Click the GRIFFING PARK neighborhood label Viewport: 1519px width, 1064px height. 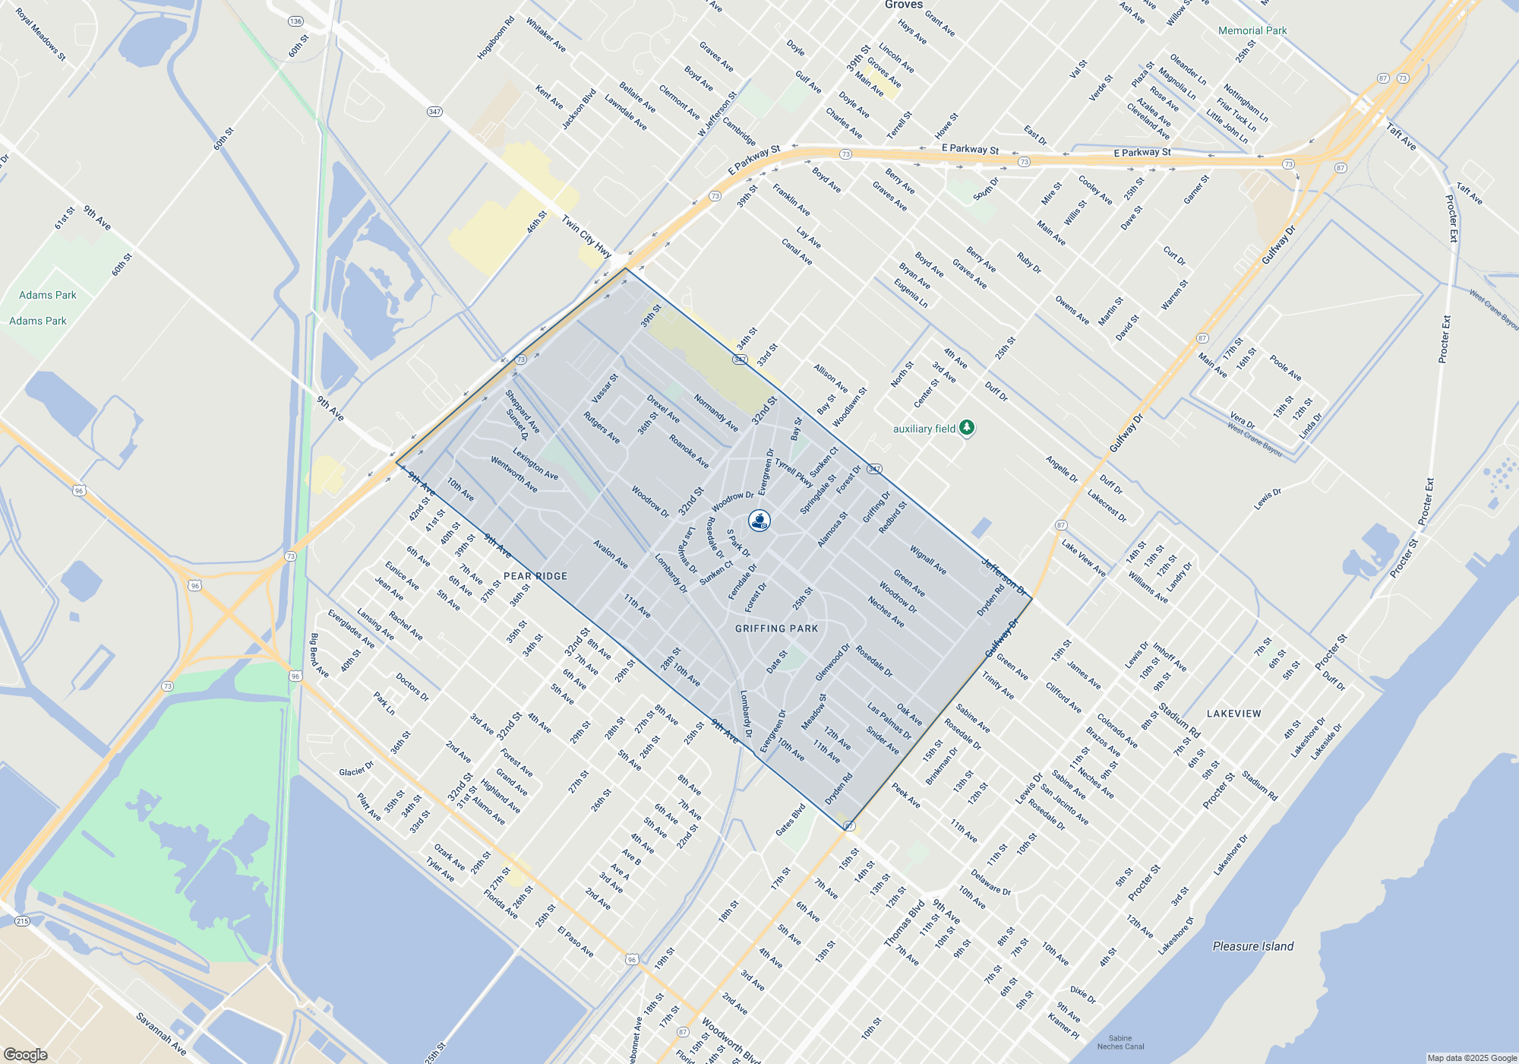tap(776, 629)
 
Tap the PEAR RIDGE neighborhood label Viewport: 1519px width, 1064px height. tap(535, 576)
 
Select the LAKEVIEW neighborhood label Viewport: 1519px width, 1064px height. tap(1233, 714)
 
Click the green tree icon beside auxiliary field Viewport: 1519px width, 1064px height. tap(967, 428)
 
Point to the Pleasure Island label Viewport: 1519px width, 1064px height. tap(1252, 946)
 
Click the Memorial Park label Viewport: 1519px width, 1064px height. tap(1252, 30)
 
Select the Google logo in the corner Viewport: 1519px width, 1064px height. tap(26, 1054)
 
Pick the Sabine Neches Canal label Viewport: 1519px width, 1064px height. tap(1120, 1042)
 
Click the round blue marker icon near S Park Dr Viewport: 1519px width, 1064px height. tap(759, 521)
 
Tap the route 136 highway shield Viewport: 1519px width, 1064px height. tap(295, 21)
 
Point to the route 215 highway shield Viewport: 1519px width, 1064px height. tap(22, 921)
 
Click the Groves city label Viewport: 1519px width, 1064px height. tap(903, 5)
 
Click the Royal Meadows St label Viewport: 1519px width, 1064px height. tap(40, 35)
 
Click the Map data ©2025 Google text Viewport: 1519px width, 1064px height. tap(1471, 1058)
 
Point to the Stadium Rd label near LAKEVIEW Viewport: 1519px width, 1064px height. tap(1179, 721)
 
